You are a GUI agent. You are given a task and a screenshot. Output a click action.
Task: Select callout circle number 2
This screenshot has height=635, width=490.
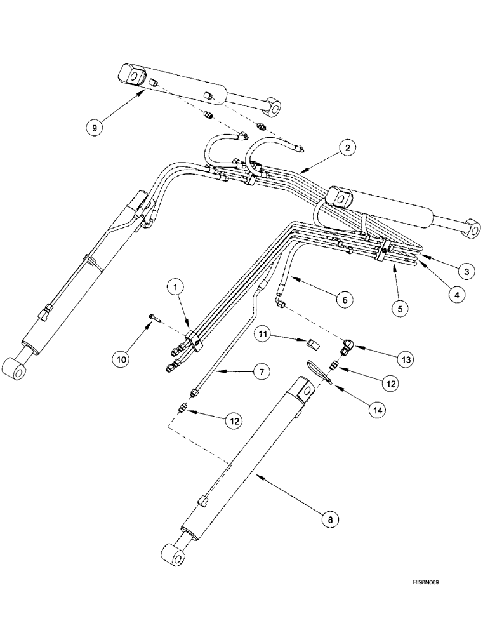pos(346,149)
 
